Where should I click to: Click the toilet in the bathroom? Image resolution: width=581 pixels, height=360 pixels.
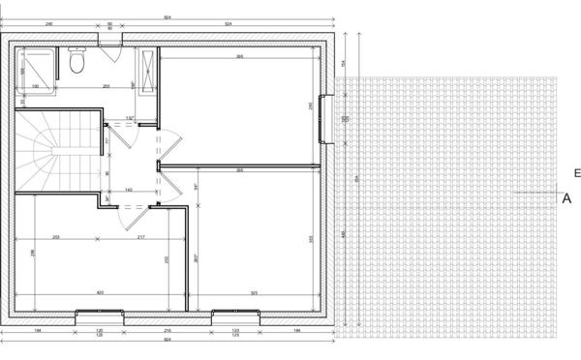coord(77,63)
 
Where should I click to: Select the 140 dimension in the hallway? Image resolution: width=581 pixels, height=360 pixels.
coord(128,191)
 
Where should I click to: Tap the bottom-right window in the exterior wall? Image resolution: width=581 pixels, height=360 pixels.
coord(235,313)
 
